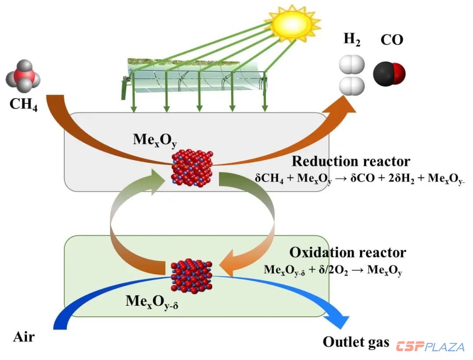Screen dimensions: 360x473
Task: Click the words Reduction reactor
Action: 351,161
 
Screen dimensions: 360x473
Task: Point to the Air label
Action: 24,337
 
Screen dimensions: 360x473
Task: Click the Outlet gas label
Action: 356,342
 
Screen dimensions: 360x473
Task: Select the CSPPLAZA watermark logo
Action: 430,347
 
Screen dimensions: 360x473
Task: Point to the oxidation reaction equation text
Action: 333,269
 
